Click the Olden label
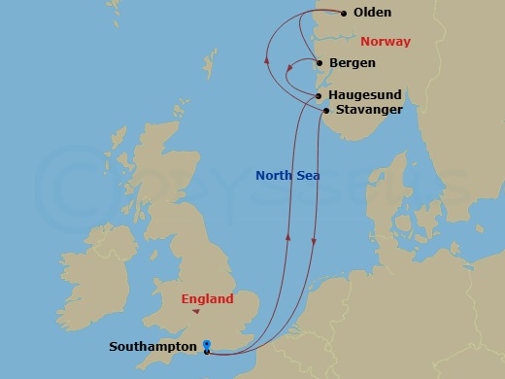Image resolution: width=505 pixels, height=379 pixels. coord(373,14)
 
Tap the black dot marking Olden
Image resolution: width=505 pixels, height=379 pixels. coord(344,14)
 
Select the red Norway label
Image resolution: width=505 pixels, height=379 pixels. coord(386,42)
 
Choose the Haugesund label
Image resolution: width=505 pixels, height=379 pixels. coord(364,95)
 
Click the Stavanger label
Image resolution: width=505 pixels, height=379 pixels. coord(370,110)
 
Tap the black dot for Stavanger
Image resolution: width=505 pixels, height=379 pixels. coord(325,111)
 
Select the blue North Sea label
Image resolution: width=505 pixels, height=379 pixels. coord(287,176)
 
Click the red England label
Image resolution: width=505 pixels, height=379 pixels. coord(207,299)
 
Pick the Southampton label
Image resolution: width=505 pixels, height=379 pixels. coord(153,346)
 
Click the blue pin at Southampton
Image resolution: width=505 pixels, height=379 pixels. coord(207,344)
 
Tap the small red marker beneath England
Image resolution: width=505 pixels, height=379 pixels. coord(197,313)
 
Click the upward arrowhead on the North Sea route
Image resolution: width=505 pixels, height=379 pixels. coord(287,235)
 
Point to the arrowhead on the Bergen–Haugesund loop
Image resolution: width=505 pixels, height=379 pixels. coord(290,68)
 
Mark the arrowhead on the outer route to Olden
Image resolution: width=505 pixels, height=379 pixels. coord(266,60)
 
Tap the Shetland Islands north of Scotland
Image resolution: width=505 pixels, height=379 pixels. coord(208,66)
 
